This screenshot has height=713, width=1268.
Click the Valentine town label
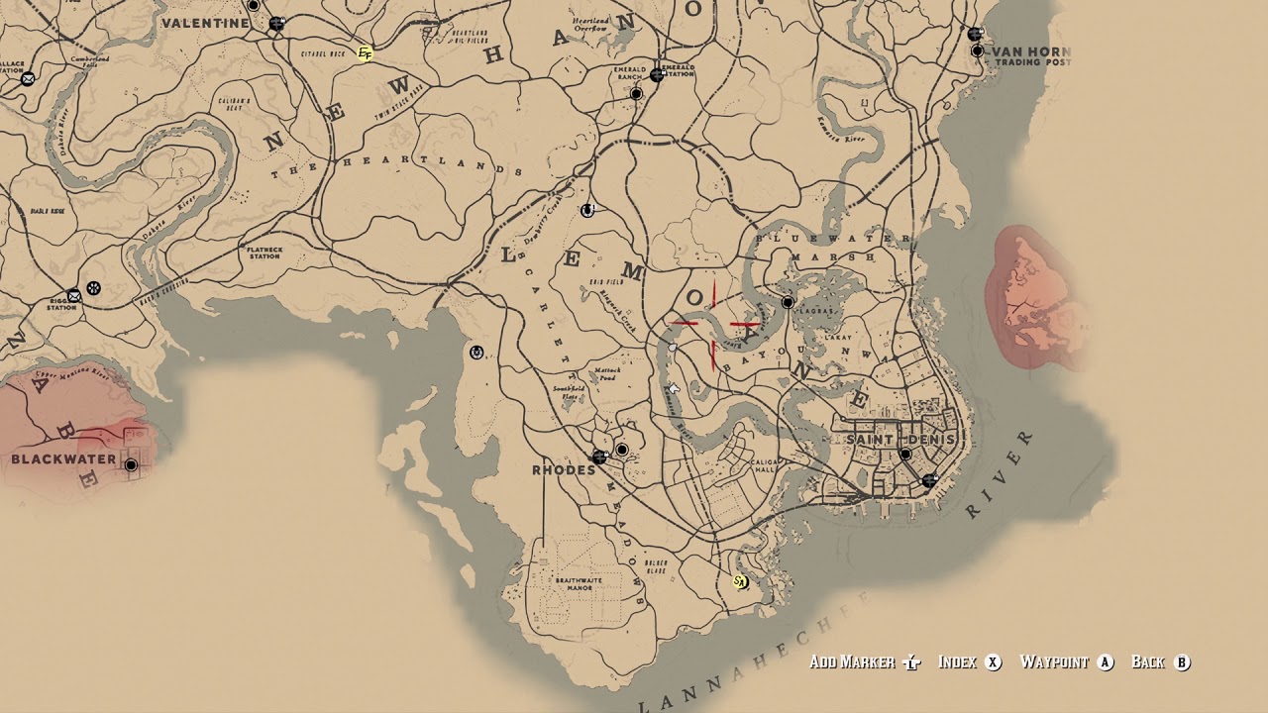[205, 23]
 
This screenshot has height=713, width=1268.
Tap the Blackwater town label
[63, 459]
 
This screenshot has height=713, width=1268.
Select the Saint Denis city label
[899, 439]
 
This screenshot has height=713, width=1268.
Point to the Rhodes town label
[564, 469]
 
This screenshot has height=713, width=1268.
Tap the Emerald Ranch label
[629, 73]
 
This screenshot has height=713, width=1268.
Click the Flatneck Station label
[264, 253]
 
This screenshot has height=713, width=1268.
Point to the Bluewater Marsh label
[833, 248]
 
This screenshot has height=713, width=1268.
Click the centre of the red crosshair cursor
[714, 324]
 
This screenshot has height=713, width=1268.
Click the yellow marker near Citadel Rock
[365, 53]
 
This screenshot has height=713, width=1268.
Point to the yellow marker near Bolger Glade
[738, 581]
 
